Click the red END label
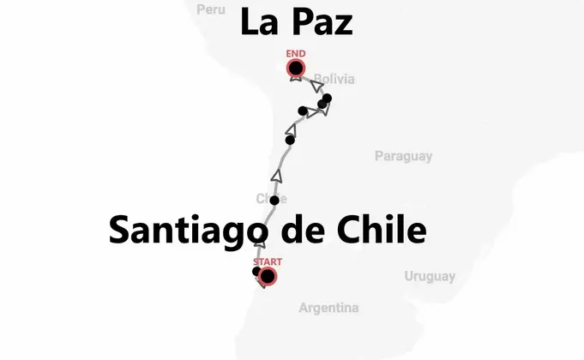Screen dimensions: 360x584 pos(296,54)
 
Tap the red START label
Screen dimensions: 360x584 pos(268,261)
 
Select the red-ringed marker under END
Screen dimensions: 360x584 pos(296,69)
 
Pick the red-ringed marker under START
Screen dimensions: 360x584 pos(268,276)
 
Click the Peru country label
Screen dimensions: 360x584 pos(210,9)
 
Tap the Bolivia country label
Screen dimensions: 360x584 pos(334,80)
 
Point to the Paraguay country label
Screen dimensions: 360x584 pos(403,156)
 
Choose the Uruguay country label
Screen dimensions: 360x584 pos(430,276)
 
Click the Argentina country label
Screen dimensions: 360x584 pos(328,308)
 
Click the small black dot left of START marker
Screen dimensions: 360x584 pos(256,272)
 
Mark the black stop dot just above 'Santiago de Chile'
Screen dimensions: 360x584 pos(274,201)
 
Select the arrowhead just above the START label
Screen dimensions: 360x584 pos(261,246)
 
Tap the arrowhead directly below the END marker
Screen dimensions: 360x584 pos(296,80)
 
